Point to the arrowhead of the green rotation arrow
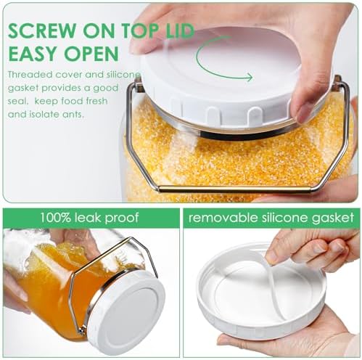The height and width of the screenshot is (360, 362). (x=249, y=78)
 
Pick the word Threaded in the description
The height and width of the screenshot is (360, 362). (x=30, y=74)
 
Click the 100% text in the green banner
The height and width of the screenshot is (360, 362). (x=55, y=218)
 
